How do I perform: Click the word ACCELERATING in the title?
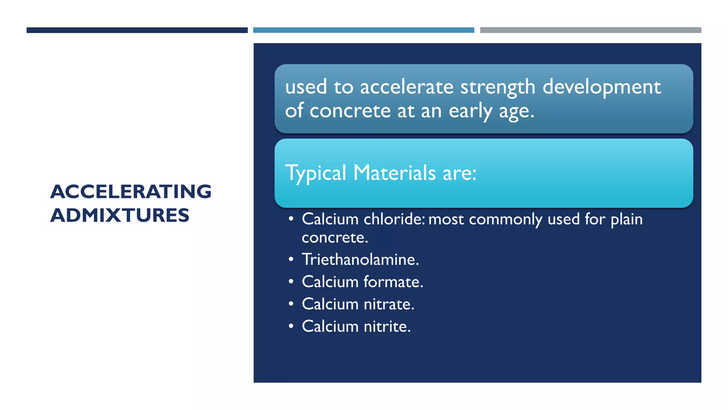[x=131, y=191]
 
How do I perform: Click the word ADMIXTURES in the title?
[x=120, y=215]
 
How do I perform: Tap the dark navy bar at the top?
[x=137, y=30]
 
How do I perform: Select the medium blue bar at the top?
[x=363, y=30]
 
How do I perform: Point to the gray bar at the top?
[x=590, y=30]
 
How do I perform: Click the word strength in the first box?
[x=498, y=87]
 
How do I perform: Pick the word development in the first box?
[x=601, y=87]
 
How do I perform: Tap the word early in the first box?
[x=470, y=111]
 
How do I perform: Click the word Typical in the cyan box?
[x=316, y=173]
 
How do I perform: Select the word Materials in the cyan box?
[x=395, y=173]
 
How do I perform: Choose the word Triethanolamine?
[x=360, y=259]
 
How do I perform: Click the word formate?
[x=393, y=282]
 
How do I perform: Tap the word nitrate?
[x=389, y=304]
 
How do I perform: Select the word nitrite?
[x=387, y=326]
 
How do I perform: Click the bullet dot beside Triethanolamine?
[x=291, y=259]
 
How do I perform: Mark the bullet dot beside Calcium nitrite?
[x=291, y=326]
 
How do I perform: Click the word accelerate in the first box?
[x=407, y=87]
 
